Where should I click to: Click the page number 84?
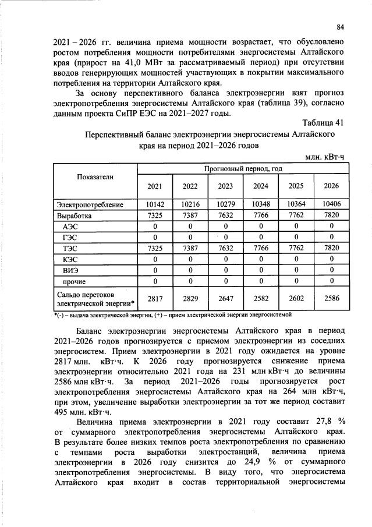pos(341,26)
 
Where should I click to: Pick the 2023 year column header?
pos(225,186)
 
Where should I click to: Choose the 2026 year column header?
pos(331,186)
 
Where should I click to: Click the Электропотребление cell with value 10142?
pos(154,205)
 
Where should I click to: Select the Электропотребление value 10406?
pos(331,205)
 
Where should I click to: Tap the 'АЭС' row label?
pos(70,226)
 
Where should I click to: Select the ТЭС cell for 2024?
pos(260,247)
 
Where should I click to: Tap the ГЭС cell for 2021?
pos(154,237)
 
